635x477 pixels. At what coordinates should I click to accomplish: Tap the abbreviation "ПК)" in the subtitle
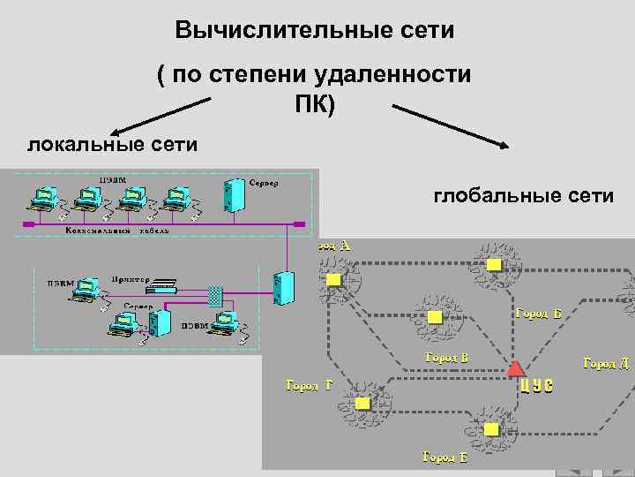coord(315,104)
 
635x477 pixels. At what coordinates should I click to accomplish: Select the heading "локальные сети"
coord(112,143)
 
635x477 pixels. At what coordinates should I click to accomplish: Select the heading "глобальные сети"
coord(523,195)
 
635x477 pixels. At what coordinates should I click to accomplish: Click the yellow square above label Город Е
coord(491,429)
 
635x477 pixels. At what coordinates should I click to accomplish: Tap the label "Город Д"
coord(606,364)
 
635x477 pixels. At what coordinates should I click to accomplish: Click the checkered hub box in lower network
coord(214,293)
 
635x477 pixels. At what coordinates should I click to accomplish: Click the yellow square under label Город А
coord(333,279)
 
